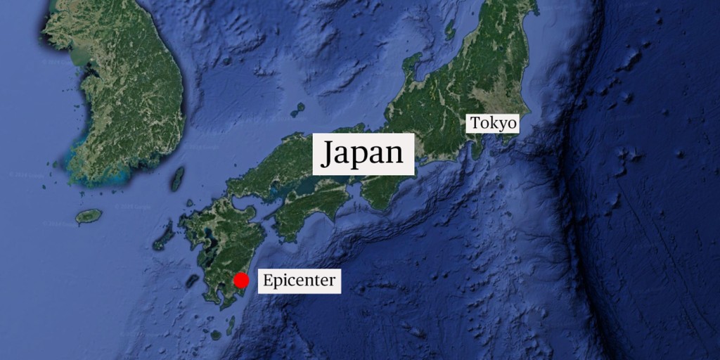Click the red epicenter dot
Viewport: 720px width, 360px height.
pos(241,281)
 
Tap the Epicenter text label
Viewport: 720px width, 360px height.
pos(300,281)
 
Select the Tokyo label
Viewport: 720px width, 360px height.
pos(494,124)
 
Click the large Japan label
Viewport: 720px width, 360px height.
pos(363,153)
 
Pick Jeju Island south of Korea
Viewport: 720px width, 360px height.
pos(89,216)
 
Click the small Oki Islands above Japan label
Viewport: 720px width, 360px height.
pos(298,110)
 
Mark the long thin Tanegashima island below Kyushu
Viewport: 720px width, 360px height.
pos(231,324)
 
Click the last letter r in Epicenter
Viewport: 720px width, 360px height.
pos(333,281)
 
